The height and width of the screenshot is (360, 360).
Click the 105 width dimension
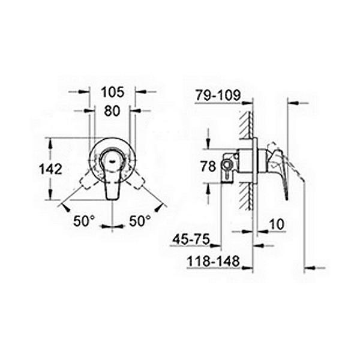[113, 92]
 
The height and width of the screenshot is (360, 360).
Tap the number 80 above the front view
[112, 111]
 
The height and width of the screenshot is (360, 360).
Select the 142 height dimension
[51, 169]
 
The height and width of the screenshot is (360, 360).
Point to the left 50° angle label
[84, 221]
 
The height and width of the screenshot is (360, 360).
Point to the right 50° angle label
[140, 221]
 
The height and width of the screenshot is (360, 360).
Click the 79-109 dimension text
[218, 95]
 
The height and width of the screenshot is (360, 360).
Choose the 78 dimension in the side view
[208, 166]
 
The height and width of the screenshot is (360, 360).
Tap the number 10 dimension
[277, 224]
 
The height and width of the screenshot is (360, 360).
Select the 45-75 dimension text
[191, 239]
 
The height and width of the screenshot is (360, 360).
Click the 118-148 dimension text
[213, 261]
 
